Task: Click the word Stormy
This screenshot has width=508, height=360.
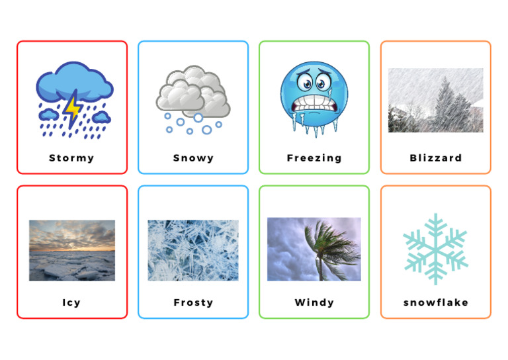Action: pos(71,158)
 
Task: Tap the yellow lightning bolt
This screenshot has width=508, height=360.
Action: pos(71,109)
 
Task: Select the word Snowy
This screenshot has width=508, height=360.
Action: pos(193,158)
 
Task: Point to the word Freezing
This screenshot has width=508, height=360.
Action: pos(314,158)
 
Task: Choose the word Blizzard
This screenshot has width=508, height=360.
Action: pos(436,158)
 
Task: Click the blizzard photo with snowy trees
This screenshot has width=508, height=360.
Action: pos(435,100)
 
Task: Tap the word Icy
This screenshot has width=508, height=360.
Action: pos(71,302)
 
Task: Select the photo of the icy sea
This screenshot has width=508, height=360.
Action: pos(71,250)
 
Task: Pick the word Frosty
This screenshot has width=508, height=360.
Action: pos(193,302)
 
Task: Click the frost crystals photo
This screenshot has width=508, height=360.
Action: pos(193,250)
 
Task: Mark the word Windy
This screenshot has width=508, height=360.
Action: pos(314,302)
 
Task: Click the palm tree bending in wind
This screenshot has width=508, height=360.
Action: pos(324,248)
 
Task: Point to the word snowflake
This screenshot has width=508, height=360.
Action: pos(436,302)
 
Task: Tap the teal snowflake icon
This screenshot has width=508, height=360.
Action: pos(435,248)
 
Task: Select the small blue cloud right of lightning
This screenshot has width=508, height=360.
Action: pos(101,117)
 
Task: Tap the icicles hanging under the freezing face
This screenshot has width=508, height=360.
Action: pos(316,129)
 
